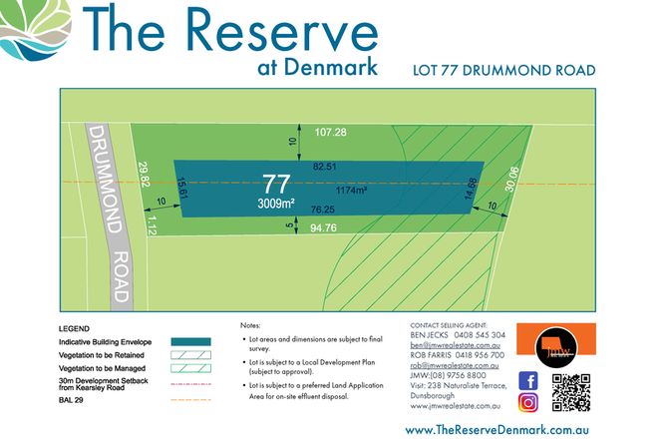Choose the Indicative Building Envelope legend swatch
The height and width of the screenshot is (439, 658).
point(191,341)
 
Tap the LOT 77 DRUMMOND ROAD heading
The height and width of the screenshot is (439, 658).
point(503,70)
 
